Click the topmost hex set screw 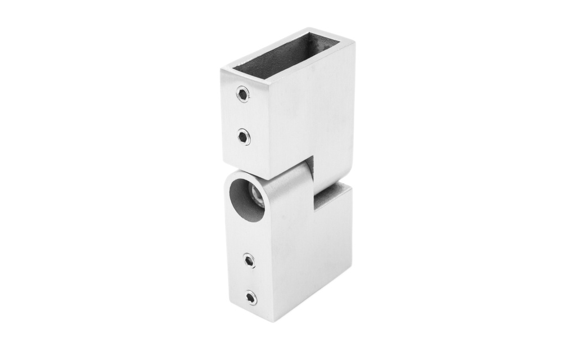[242, 94]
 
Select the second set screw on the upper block [244, 136]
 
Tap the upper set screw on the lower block [249, 260]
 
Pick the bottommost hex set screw [251, 298]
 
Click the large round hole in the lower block [246, 200]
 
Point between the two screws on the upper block [243, 115]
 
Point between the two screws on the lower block [250, 279]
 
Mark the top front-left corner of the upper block [221, 69]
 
